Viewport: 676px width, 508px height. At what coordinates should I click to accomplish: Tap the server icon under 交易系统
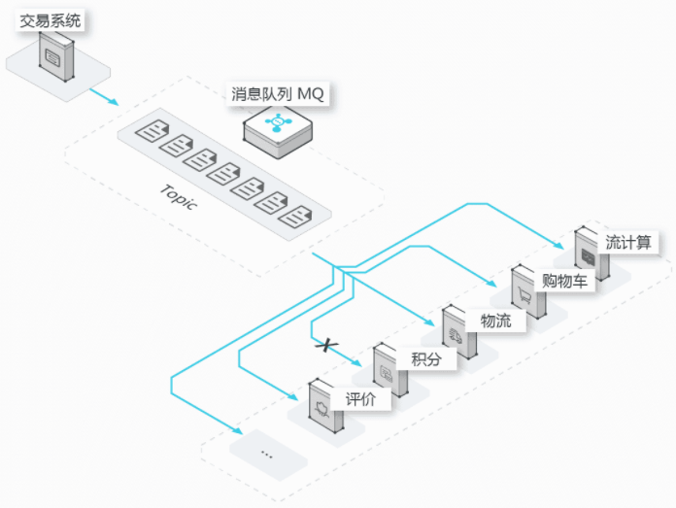coord(54,54)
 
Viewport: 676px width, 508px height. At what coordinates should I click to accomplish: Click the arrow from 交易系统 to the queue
coord(104,96)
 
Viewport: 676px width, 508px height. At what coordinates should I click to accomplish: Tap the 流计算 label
coord(627,242)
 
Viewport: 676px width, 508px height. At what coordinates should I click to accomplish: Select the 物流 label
coord(495,320)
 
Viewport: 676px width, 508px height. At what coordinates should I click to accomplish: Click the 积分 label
coord(426,359)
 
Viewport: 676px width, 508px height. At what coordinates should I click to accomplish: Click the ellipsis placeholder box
coord(267,455)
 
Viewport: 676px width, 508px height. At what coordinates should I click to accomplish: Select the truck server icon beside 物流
coord(457,332)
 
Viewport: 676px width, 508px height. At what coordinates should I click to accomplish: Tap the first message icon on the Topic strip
coord(149,132)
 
